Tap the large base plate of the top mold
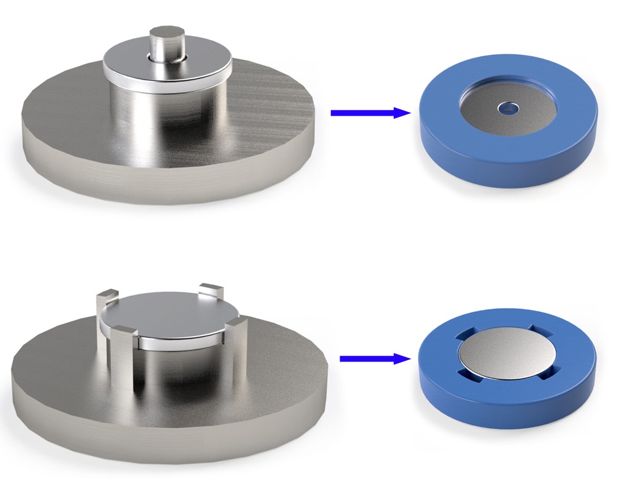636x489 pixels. click(77, 148)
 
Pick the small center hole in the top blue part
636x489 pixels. click(507, 108)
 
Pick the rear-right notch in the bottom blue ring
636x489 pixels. click(539, 328)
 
